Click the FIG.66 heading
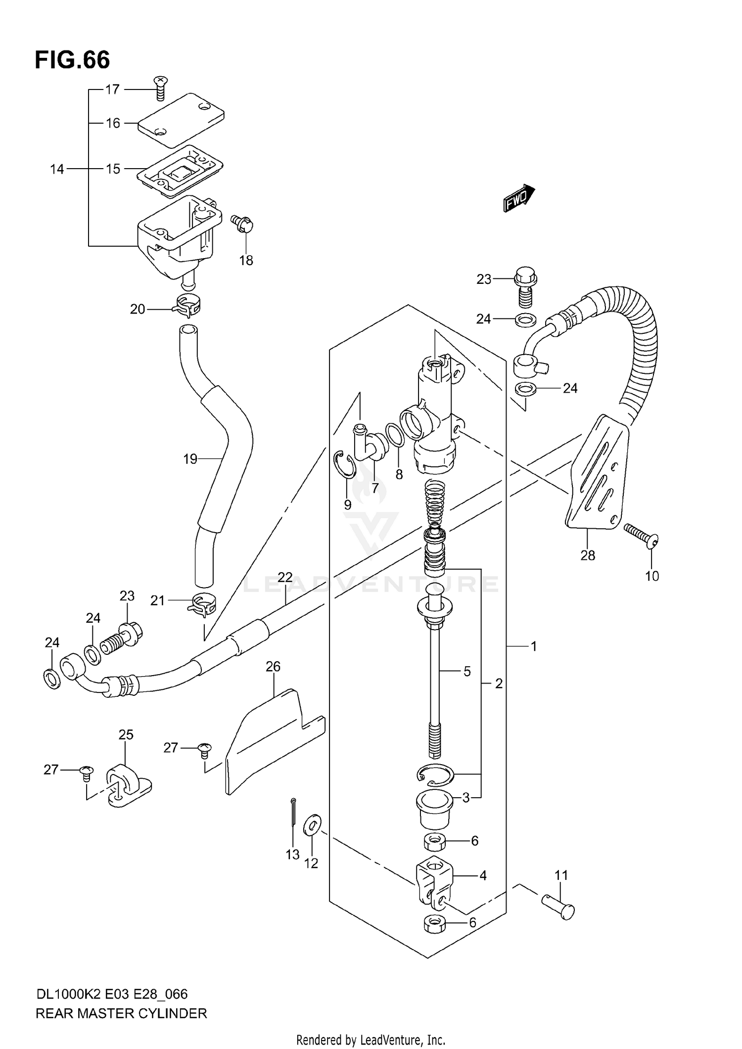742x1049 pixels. click(72, 60)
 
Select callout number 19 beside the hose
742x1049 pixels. click(190, 459)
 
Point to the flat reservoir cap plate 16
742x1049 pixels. click(181, 120)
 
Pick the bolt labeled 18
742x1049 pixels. click(242, 224)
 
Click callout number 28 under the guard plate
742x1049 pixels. click(588, 555)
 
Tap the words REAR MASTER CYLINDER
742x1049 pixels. click(121, 1013)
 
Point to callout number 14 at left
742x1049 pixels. click(57, 169)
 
